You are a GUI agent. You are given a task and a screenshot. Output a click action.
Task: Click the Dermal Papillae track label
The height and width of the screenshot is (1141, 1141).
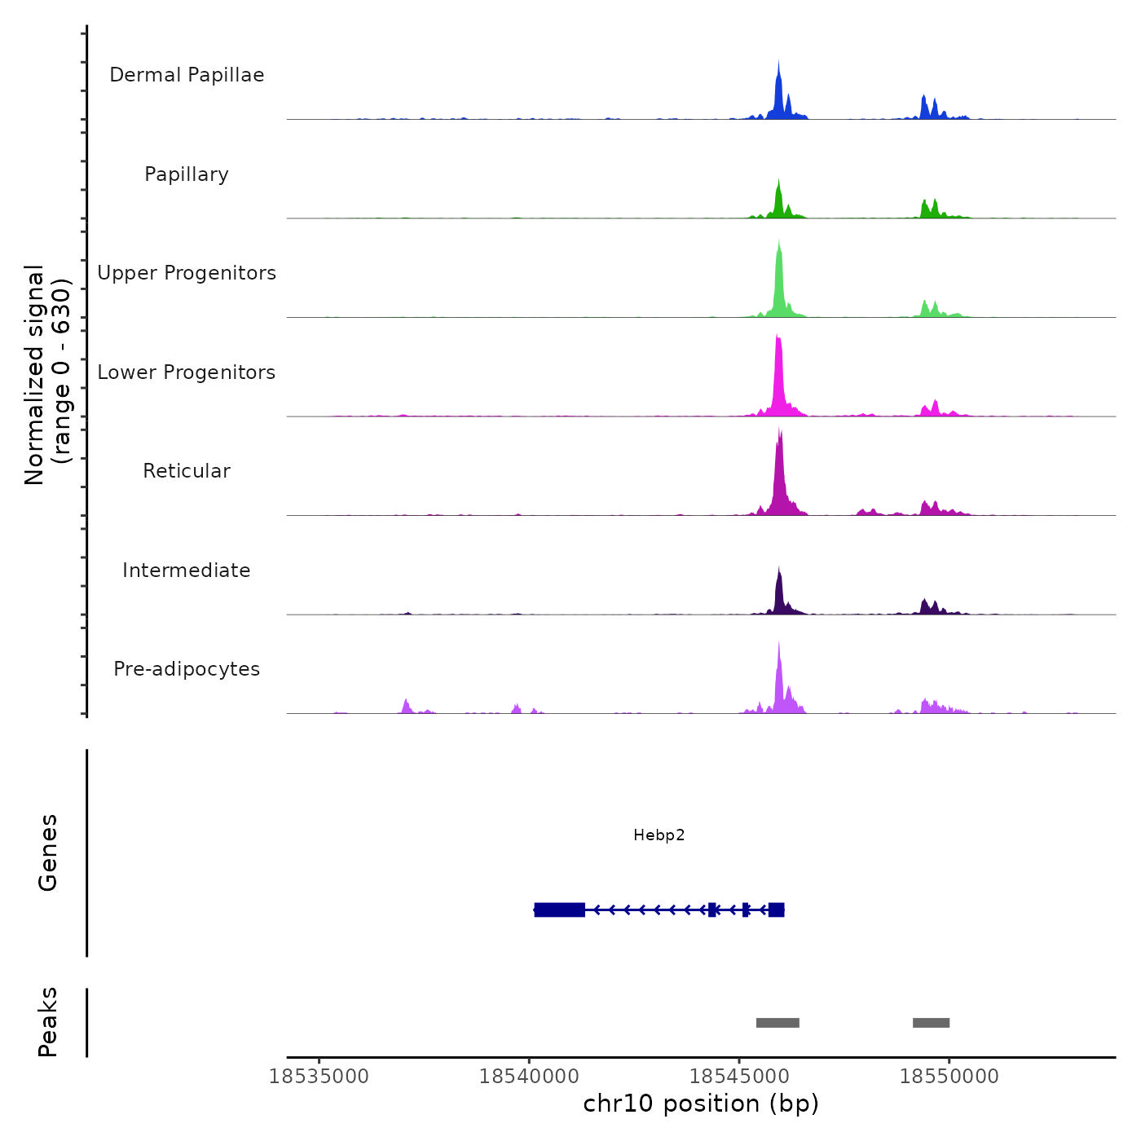click(187, 75)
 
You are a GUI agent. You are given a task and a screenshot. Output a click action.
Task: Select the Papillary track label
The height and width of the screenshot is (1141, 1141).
click(187, 174)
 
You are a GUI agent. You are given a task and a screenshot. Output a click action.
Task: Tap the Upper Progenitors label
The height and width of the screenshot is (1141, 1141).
click(187, 273)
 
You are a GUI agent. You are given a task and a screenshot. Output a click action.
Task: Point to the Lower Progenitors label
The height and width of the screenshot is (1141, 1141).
click(187, 372)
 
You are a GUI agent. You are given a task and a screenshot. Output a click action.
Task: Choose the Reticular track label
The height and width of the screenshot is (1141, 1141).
click(187, 471)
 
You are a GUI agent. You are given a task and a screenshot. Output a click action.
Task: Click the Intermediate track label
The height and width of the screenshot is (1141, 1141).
click(187, 570)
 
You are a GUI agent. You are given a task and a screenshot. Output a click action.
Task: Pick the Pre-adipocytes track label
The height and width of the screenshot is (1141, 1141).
click(187, 669)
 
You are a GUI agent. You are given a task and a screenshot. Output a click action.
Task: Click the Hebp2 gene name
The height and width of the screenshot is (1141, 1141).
click(659, 835)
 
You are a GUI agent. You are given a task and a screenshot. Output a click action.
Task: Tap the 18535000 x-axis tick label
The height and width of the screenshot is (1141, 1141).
click(319, 1077)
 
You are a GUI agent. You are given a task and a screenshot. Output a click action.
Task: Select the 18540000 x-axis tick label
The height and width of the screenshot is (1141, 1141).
click(529, 1077)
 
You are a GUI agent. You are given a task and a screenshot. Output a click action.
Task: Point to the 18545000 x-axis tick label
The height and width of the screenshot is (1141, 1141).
click(739, 1077)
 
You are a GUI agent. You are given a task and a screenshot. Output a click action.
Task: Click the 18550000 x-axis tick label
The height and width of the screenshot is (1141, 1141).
click(949, 1077)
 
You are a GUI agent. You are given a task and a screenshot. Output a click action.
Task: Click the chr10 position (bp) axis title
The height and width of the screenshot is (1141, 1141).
click(701, 1104)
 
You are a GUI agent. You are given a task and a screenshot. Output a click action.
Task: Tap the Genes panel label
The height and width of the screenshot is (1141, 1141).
click(48, 852)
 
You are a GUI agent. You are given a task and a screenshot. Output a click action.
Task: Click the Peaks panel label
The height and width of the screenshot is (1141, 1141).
click(48, 1022)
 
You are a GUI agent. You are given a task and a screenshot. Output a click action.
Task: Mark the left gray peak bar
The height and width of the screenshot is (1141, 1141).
click(778, 1023)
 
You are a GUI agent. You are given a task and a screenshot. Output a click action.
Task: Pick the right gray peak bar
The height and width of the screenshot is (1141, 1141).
click(931, 1023)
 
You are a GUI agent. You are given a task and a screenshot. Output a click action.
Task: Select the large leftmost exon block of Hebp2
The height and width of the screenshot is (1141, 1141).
click(560, 910)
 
